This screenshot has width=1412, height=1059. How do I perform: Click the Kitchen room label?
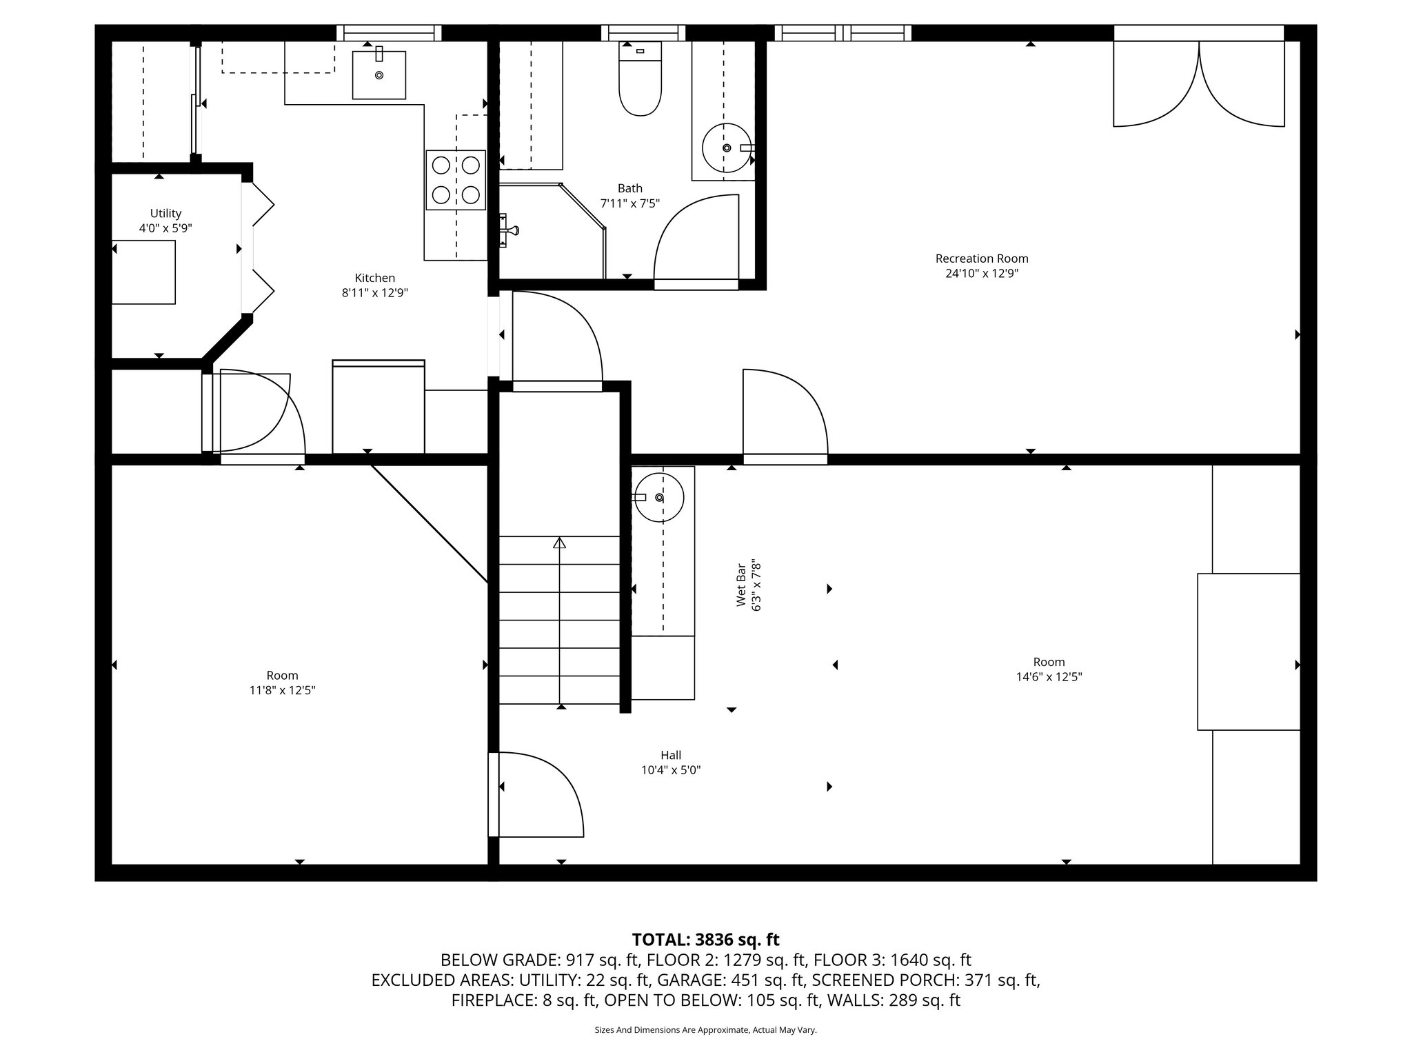[x=374, y=278]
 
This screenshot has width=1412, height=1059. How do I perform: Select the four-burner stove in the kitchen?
[x=455, y=179]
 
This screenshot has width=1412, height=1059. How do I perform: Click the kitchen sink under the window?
[x=379, y=74]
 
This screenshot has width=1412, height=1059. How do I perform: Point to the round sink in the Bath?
[x=726, y=148]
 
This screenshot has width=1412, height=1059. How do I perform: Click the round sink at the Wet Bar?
[x=659, y=497]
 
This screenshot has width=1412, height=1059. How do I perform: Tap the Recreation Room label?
[x=981, y=259]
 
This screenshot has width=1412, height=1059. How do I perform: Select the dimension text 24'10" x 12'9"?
[x=981, y=274]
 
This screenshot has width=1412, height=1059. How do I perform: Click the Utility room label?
[x=165, y=213]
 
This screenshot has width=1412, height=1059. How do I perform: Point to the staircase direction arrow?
[x=559, y=543]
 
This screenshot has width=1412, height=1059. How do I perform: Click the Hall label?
[x=670, y=755]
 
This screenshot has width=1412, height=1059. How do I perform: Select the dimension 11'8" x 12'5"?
[x=282, y=690]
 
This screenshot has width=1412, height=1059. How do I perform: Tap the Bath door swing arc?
[x=689, y=234]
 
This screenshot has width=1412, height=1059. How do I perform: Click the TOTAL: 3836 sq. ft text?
[x=705, y=940]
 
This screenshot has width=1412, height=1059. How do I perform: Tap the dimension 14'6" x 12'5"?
[x=1048, y=677]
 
